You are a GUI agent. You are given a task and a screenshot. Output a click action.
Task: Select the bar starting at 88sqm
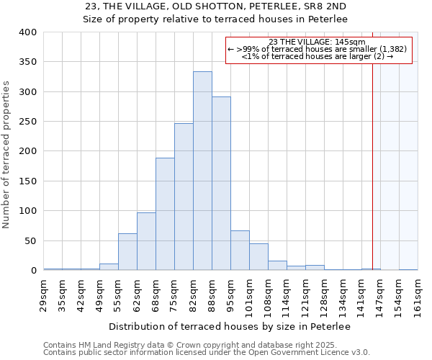pyautogui.click(x=221, y=184)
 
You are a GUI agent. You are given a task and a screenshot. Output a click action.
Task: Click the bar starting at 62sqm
pyautogui.click(x=146, y=241)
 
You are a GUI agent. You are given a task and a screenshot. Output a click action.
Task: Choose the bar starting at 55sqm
pyautogui.click(x=127, y=251)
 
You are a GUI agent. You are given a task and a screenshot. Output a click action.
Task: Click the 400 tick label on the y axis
pyautogui.click(x=27, y=32)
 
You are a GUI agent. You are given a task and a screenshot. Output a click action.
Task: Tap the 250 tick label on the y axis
pyautogui.click(x=27, y=122)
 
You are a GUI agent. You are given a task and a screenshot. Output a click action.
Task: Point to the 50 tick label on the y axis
pyautogui.click(x=30, y=240)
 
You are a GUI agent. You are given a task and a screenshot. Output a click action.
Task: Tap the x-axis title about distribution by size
pyautogui.click(x=230, y=327)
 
